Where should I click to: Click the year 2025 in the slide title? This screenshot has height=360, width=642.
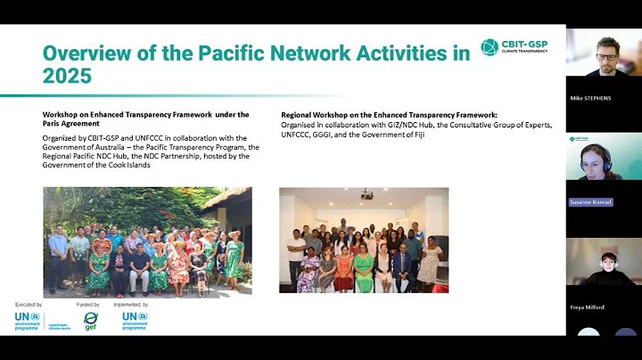point(68,76)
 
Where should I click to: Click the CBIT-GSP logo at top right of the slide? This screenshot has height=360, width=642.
point(514,48)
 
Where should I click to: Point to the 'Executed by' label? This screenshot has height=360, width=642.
point(28,305)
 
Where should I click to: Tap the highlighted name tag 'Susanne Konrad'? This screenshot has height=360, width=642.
point(591,202)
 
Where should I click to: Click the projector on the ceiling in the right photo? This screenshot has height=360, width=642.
point(366,193)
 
